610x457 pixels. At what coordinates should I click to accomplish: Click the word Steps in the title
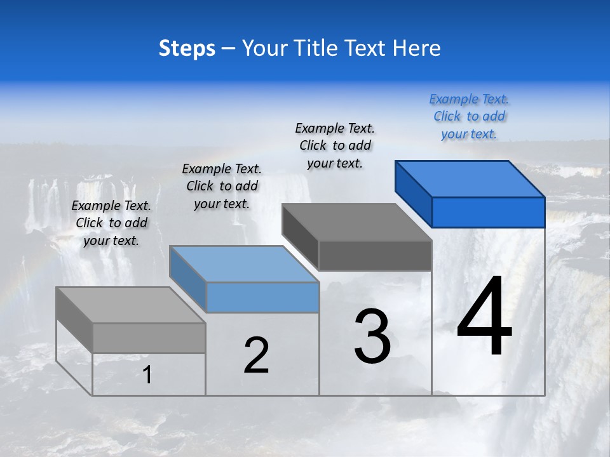coord(187,48)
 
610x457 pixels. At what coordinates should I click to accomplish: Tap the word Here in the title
coord(416,48)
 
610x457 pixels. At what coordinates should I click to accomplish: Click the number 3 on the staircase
coord(372,336)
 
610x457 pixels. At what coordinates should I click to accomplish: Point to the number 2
coord(257,355)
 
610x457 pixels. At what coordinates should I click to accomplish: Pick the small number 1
coord(147,375)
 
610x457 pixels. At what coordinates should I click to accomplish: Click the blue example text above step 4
coord(470,116)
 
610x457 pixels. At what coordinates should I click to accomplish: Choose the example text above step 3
coord(335,145)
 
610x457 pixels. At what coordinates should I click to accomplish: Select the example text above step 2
coord(222,186)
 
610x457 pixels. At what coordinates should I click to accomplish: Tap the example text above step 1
coord(111,223)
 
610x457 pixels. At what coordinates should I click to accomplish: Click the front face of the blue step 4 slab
coord(488,212)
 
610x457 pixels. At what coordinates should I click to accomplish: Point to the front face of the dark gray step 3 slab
coord(375,256)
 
